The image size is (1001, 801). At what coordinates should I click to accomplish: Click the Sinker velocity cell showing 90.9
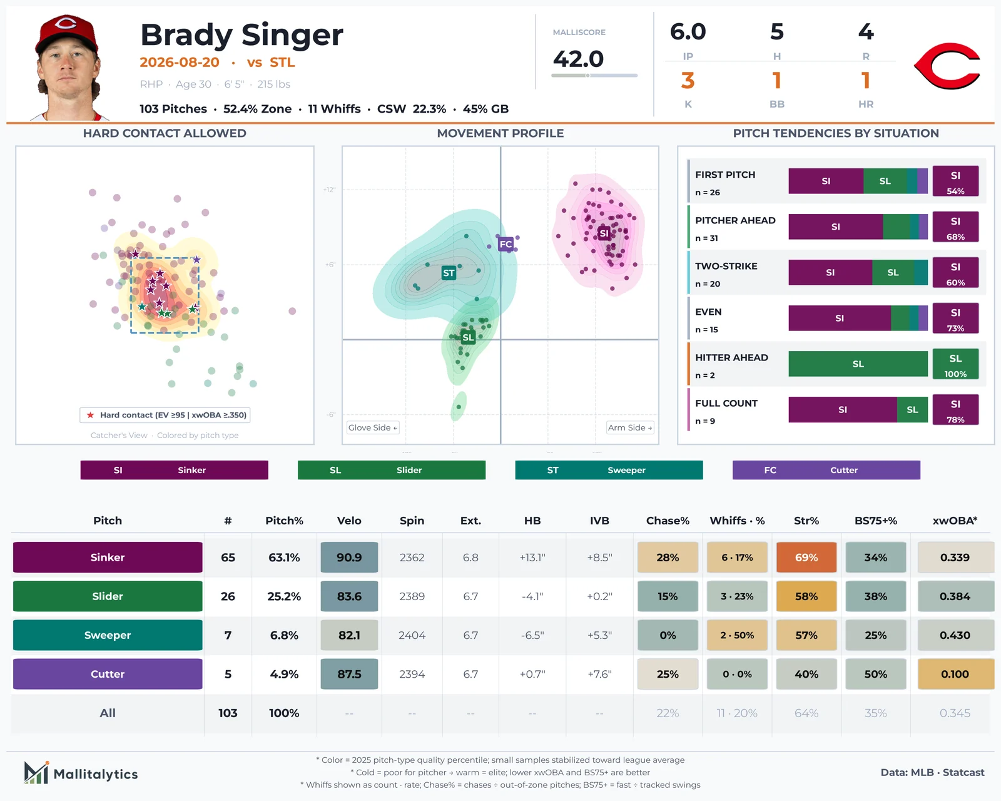click(x=349, y=557)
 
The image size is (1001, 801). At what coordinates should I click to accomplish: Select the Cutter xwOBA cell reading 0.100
click(x=955, y=674)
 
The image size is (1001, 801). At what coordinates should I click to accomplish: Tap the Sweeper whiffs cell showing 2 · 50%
click(x=737, y=635)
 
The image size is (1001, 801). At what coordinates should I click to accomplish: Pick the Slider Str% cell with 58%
click(x=806, y=596)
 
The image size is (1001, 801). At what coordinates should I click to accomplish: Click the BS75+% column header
click(x=875, y=521)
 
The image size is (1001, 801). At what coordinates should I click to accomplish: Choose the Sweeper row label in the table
click(x=108, y=635)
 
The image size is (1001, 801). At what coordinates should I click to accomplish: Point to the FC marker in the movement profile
click(x=506, y=244)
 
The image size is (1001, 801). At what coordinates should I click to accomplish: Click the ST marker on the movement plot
click(x=449, y=273)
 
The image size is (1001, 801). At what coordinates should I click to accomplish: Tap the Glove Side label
click(x=373, y=427)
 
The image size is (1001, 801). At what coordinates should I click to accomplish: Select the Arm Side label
click(x=630, y=427)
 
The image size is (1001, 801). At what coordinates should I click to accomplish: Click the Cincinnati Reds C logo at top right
click(x=947, y=66)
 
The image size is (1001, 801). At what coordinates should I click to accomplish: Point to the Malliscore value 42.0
click(x=578, y=59)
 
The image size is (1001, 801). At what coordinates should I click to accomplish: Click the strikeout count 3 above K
click(x=688, y=81)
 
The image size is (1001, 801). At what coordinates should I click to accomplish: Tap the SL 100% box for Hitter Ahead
click(x=955, y=364)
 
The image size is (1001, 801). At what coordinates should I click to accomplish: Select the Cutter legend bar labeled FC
click(x=826, y=470)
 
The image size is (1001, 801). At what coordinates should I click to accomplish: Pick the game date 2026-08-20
click(x=180, y=63)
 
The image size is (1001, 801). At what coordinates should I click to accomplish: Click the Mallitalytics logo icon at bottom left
click(x=36, y=773)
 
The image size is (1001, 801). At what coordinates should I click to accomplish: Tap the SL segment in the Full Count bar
click(x=912, y=410)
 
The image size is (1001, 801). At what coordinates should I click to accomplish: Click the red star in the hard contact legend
click(x=91, y=415)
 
